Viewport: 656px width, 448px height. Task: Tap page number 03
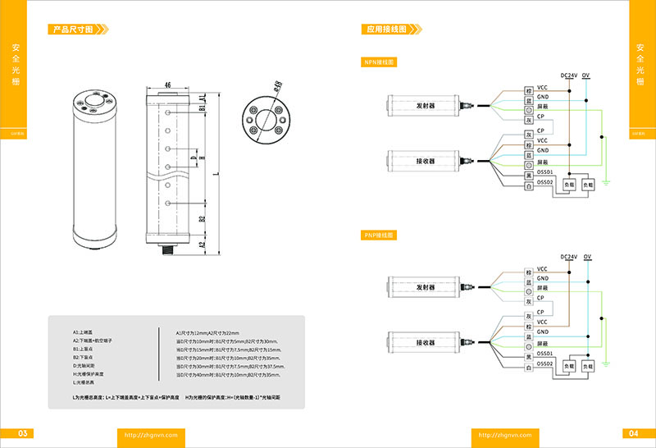(x=23, y=433)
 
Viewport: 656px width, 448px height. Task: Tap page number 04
(x=633, y=433)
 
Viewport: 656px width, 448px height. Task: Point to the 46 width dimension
(x=167, y=85)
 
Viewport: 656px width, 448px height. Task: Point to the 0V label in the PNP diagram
(x=596, y=257)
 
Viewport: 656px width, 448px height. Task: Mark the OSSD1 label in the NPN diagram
(x=546, y=172)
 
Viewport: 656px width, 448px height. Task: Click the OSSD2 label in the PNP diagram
(x=546, y=363)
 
